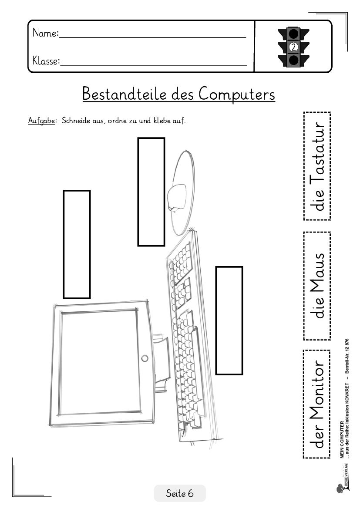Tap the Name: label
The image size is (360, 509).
[x=45, y=33]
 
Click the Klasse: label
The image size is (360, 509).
[x=46, y=61]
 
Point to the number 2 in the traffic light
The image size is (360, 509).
[x=293, y=47]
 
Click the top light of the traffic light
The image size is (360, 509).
[x=293, y=33]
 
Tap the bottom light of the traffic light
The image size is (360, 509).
[x=293, y=60]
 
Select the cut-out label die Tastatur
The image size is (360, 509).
[x=316, y=166]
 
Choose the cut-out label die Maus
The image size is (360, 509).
[x=316, y=286]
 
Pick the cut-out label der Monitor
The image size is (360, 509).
[x=316, y=404]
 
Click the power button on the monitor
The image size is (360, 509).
[x=145, y=358]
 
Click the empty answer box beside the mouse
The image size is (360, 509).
[x=151, y=192]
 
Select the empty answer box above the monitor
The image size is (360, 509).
[x=77, y=244]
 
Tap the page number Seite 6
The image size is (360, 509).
[x=179, y=493]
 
